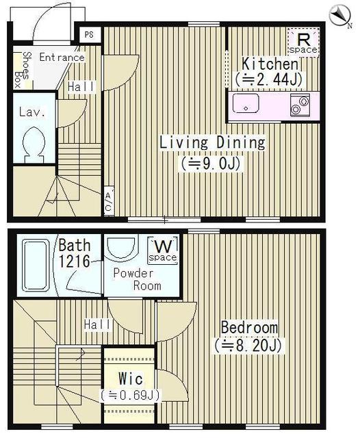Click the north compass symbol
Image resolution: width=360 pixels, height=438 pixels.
point(340,16)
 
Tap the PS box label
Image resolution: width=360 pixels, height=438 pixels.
point(89,35)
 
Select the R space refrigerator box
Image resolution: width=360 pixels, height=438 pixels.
point(303,42)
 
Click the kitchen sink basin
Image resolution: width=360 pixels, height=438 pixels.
point(246,103)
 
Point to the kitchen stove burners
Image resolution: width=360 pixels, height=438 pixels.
point(300,105)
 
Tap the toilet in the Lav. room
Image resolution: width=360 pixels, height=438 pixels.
point(34,145)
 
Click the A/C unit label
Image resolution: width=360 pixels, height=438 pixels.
point(108,201)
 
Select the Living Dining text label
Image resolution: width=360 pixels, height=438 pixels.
point(212,142)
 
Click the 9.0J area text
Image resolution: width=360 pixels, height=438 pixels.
point(211,164)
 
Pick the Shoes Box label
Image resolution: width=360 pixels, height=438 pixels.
point(23,70)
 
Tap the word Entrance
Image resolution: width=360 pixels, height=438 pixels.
point(62,57)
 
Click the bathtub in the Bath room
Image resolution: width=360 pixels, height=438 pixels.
point(36,266)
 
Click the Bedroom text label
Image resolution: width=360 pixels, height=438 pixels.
point(249,327)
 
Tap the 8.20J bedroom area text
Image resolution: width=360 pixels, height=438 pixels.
point(248,346)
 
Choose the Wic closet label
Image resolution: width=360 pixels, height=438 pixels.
point(131,378)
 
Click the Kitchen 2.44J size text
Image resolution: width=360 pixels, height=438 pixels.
point(269,79)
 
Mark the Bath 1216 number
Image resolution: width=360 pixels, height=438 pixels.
point(74,261)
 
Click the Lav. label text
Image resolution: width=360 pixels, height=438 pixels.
point(32,112)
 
